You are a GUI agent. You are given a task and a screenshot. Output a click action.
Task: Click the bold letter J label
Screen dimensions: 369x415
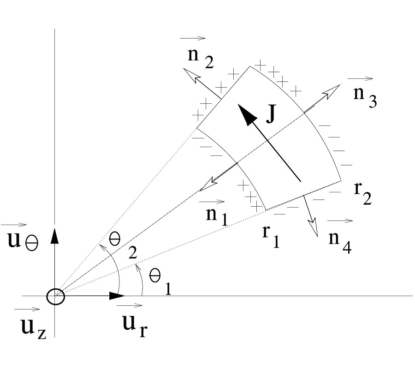(271, 113)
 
